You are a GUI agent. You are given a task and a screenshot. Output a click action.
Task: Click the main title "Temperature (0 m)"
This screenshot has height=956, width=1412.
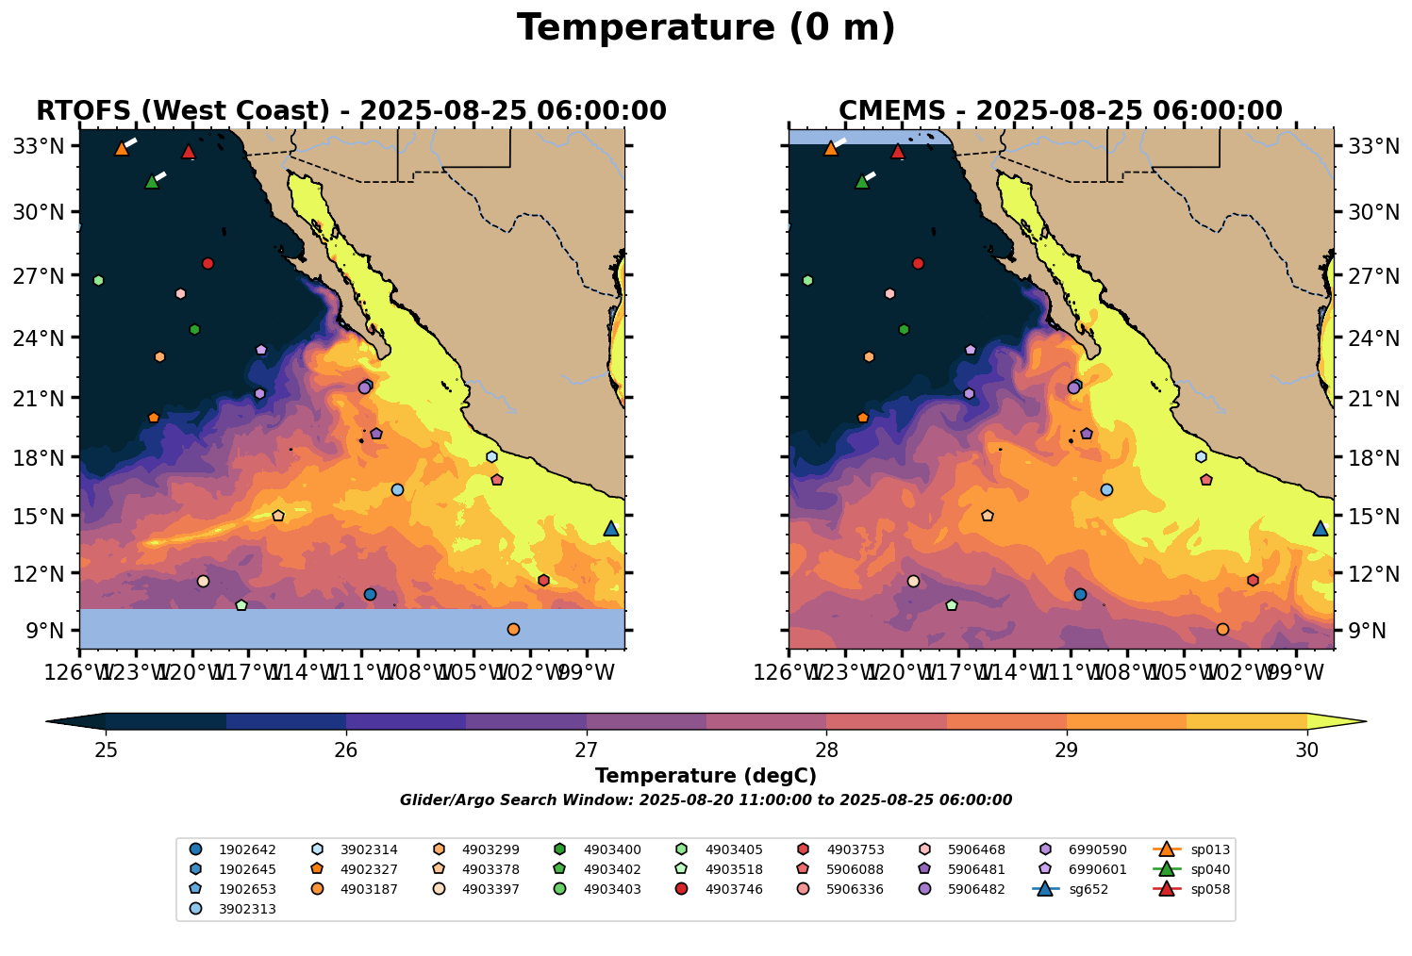point(706,28)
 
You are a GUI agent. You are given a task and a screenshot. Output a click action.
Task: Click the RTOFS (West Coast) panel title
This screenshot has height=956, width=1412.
point(351,111)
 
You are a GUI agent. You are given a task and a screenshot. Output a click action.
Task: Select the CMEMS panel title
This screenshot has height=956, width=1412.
point(1060,111)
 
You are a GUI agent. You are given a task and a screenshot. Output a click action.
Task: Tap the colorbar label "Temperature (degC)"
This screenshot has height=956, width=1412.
point(706,776)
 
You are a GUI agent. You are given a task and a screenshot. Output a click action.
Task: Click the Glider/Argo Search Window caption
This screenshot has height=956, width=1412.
point(706,800)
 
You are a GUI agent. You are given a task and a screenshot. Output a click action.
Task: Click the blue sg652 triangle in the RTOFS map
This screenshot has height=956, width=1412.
point(611,529)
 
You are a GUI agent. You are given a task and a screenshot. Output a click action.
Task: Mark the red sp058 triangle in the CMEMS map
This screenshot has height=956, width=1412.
point(898,152)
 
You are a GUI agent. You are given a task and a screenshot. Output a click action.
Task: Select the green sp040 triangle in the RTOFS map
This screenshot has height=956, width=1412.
point(152,182)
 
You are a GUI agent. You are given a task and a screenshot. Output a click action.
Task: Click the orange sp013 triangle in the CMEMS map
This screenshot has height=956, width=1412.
point(831,149)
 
